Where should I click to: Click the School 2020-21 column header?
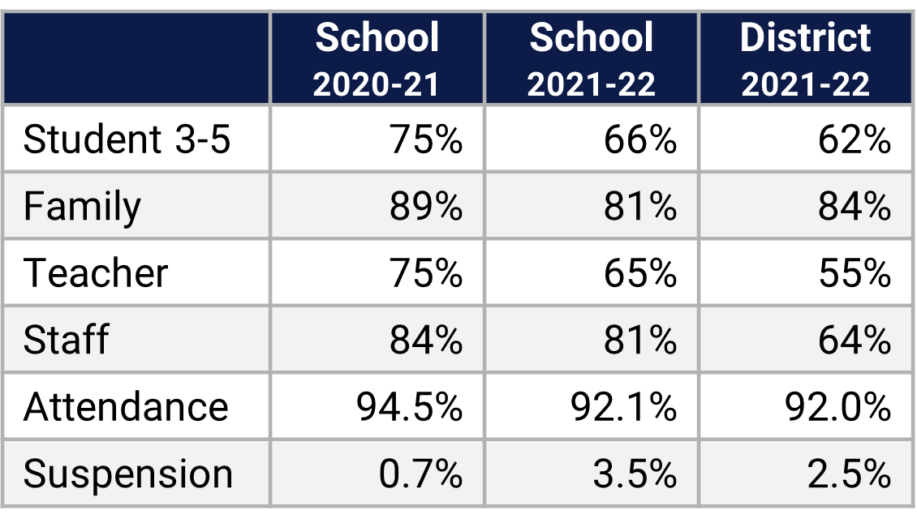tap(377, 59)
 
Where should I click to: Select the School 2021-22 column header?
tap(591, 59)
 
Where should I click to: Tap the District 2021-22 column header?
tap(805, 59)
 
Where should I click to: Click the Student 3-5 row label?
tap(127, 139)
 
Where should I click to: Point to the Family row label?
tap(82, 206)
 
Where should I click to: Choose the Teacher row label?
tap(96, 273)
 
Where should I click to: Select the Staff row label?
tap(66, 340)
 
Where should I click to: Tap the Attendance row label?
tap(126, 406)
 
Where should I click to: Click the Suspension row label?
tap(128, 474)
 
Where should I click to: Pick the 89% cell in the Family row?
tap(426, 206)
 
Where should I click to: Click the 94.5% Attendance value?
tap(409, 406)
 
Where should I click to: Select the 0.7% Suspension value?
tap(420, 474)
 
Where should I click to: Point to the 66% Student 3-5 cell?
tap(640, 139)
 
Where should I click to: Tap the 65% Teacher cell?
tap(640, 273)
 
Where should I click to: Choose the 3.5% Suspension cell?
tap(635, 474)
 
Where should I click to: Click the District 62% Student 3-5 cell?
tap(855, 139)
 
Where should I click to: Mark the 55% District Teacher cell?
tap(855, 273)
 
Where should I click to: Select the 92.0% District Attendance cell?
tap(837, 406)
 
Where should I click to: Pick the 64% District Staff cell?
tap(855, 340)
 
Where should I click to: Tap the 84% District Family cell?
tap(855, 206)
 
